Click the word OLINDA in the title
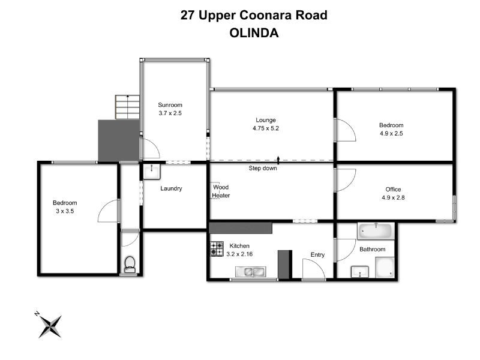254,34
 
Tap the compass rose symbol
50,325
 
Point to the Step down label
263,169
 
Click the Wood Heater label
221,191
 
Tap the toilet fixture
129,264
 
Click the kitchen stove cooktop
217,249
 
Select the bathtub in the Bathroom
376,230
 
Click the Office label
393,190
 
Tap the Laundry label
171,188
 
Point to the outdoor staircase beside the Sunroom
127,107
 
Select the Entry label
317,255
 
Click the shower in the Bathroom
385,268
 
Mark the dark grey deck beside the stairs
119,140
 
